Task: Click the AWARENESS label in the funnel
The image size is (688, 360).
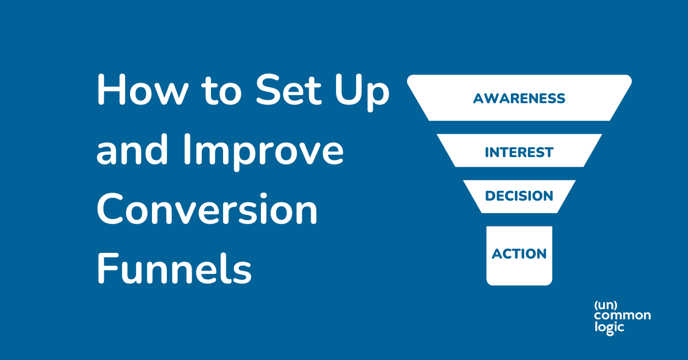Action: coord(519,99)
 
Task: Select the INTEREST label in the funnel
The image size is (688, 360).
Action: coord(519,152)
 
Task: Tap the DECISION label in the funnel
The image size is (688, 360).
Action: coord(519,196)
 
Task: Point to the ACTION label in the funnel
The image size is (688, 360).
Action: coord(519,253)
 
